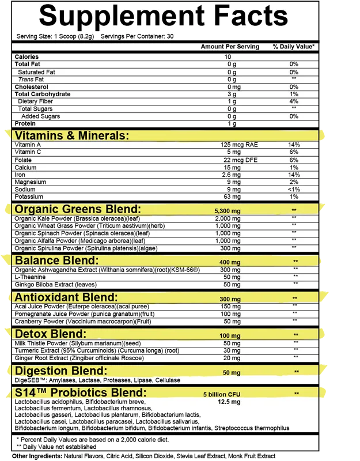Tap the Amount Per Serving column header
coord(230,47)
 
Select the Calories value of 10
coord(228,57)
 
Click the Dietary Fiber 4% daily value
coord(294,101)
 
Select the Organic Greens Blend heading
coord(77,209)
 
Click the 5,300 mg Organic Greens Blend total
coord(227,211)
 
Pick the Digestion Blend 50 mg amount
coord(232,373)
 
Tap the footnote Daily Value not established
coord(56,447)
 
